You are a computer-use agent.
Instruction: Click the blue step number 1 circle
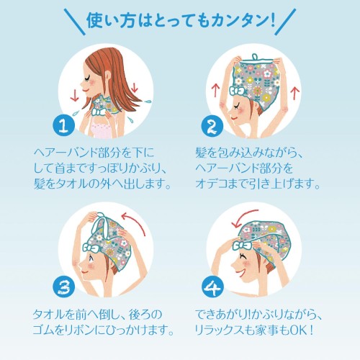[x=63, y=125]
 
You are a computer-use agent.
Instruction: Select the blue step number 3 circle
[x=64, y=287]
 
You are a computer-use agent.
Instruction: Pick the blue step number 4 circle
[x=212, y=287]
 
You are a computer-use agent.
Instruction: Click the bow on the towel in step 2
[x=237, y=91]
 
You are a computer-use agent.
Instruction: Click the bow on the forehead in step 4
[x=242, y=246]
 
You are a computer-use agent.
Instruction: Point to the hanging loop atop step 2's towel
[x=256, y=58]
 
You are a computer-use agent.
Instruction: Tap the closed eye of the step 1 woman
[x=89, y=77]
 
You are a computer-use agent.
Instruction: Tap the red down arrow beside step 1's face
[x=75, y=95]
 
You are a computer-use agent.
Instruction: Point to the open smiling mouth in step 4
[x=240, y=271]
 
